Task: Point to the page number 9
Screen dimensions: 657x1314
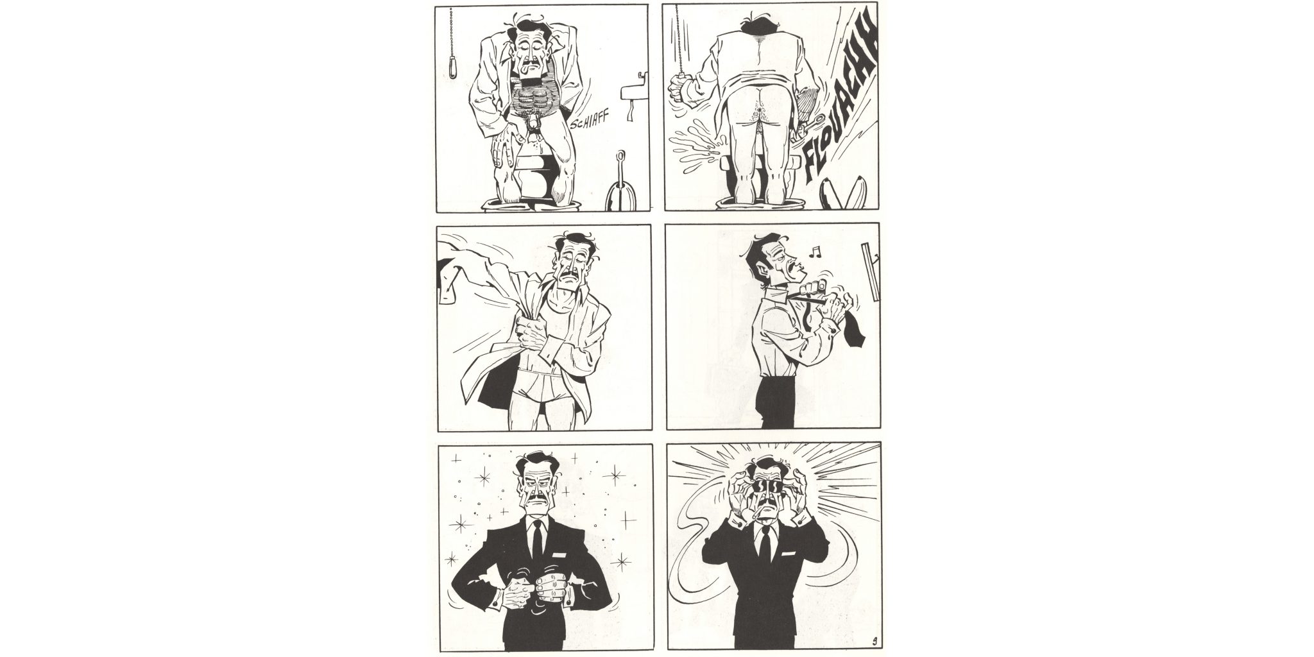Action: point(875,640)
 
